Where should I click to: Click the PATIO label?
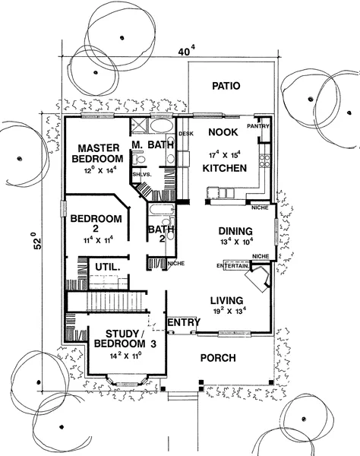226,86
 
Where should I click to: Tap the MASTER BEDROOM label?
98,154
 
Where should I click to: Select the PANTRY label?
258,126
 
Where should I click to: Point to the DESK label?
186,134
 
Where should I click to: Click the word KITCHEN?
225,168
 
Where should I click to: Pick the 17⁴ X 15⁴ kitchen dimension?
225,154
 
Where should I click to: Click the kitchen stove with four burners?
264,161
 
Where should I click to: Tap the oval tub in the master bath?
161,125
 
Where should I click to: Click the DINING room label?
235,231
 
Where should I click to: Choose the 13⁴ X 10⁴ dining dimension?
237,242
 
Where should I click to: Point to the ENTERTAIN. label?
232,266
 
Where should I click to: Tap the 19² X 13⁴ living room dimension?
229,311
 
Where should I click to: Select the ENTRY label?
185,322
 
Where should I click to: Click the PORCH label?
218,358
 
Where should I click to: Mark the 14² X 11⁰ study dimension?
125,356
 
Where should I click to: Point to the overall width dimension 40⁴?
186,52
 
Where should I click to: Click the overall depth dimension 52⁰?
38,240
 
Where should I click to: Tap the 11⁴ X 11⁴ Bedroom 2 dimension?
98,240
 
